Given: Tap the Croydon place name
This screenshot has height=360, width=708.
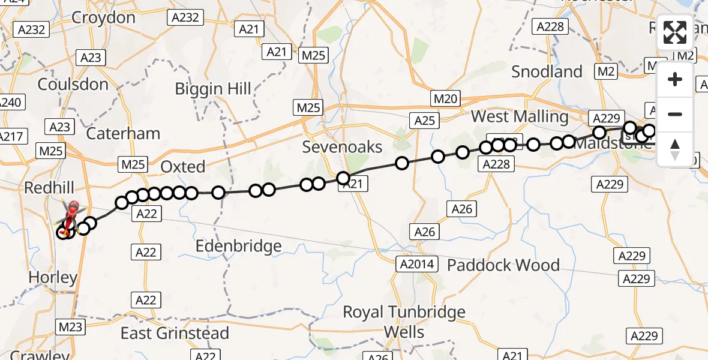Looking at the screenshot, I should coord(103,18).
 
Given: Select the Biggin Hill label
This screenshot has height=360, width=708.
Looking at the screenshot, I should coord(213,89).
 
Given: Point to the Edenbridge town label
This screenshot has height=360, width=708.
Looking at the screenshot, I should coord(239,246).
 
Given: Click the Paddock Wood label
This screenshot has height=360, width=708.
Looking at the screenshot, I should coord(503,265).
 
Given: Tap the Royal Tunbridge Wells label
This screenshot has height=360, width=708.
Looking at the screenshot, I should coord(404,322).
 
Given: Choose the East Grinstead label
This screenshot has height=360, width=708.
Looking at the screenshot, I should coord(175,334).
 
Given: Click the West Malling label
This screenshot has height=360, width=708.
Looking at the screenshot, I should coord(520,116).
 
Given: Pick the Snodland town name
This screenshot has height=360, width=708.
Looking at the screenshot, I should coord(547,72).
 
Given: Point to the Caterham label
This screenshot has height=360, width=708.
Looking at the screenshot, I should coord(123,133).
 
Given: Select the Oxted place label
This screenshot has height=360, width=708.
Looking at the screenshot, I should coord(183,166).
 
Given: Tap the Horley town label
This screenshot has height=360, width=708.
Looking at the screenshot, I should coord(53,278).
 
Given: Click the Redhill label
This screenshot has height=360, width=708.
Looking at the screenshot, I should coord(49,188).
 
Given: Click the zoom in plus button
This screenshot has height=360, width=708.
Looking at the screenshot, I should coord(675,79).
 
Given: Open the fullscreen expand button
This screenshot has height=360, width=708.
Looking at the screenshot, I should coord(675,32).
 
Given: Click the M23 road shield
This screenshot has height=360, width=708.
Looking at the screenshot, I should coord(70,327).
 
